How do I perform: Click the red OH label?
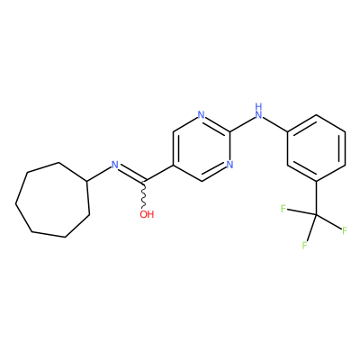(147, 214)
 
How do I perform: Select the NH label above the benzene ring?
(258, 111)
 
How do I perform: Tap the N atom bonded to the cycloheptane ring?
(114, 165)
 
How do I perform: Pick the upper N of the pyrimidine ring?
(202, 115)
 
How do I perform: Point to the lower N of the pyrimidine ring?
(229, 165)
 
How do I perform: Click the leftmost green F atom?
(283, 208)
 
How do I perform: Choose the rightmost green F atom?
(345, 230)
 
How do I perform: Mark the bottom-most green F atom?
(304, 246)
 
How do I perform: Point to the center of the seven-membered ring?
(52, 201)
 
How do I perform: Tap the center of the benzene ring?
(317, 148)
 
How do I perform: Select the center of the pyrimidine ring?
(202, 148)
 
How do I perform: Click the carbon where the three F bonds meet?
(316, 214)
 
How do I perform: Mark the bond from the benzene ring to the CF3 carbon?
(316, 198)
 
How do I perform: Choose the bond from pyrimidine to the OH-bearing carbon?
(158, 173)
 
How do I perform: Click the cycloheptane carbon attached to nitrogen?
(86, 181)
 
